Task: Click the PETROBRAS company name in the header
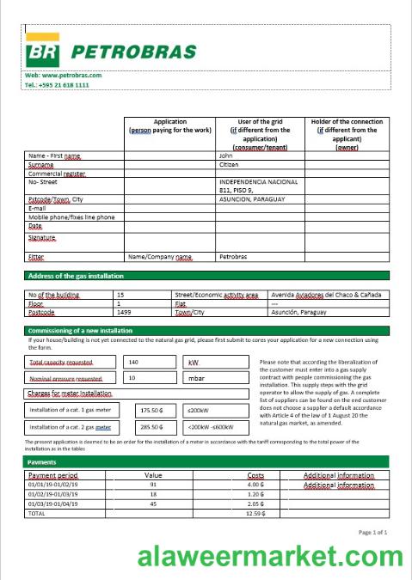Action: pos(133,52)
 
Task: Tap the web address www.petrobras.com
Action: pos(64,76)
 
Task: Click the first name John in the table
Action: pos(226,156)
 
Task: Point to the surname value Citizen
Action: pos(229,164)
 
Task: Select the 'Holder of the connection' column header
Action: pos(347,134)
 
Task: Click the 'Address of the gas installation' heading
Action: pos(76,276)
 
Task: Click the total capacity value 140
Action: pos(133,362)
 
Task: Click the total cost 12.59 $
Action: pos(256,513)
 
